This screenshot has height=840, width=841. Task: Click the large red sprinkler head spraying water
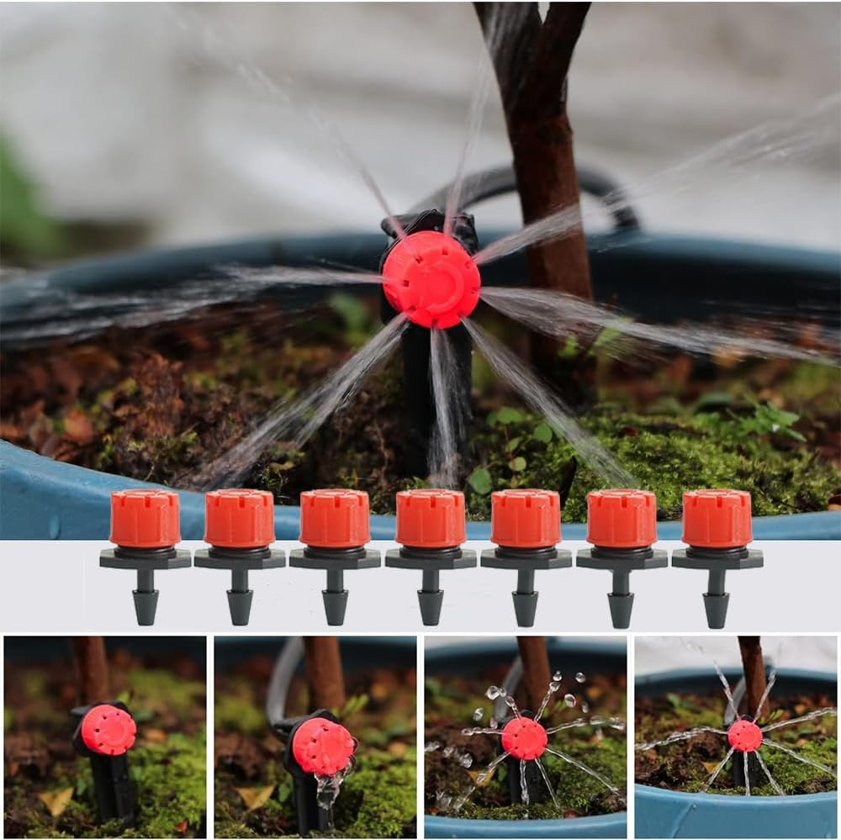[x=431, y=279]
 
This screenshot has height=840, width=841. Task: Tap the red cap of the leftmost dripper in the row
[x=145, y=518]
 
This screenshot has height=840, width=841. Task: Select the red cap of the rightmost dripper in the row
[x=717, y=518]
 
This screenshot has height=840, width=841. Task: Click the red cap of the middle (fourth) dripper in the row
[x=431, y=518]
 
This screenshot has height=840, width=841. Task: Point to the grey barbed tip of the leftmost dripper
[x=145, y=607]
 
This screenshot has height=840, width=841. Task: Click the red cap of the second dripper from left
[x=240, y=518]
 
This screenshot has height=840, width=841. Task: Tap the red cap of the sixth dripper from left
[x=621, y=518]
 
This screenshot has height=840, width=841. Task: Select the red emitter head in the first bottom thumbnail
[x=108, y=730]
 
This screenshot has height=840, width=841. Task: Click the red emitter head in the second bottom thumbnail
[x=323, y=746]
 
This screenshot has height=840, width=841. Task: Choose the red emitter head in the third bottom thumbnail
[x=524, y=738]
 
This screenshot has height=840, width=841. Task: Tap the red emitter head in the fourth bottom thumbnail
[x=745, y=736]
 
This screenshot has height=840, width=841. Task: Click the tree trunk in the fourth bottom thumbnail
[x=754, y=673]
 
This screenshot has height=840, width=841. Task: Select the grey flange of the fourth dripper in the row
[x=431, y=557]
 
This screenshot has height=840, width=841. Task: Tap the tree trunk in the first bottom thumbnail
[x=90, y=668]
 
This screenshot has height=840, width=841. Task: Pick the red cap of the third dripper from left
[x=335, y=518]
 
